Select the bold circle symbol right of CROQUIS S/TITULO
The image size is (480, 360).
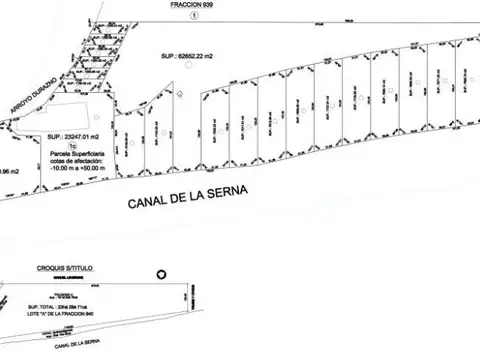click(156, 272)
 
